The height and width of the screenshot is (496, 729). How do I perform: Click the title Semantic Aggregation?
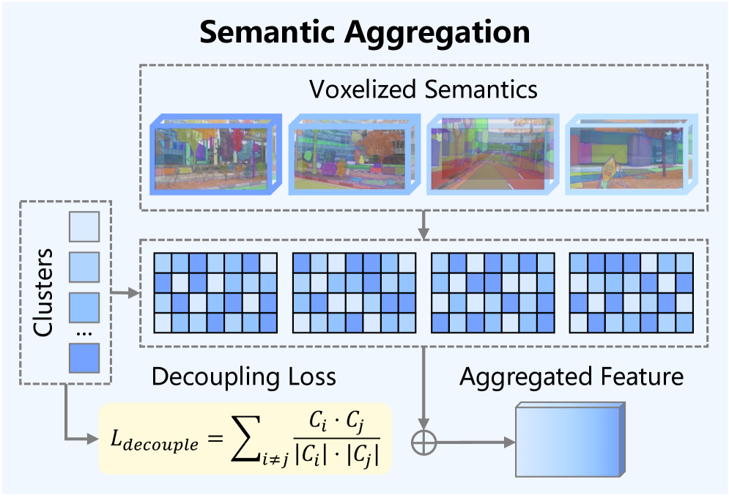[364, 33]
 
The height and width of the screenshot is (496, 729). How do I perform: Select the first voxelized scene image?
[213, 155]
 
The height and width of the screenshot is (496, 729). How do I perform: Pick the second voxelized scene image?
[352, 155]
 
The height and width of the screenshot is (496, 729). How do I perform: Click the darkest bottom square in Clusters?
[83, 358]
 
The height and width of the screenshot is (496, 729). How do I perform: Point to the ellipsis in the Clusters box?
[83, 333]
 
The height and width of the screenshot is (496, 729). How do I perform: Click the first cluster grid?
[215, 292]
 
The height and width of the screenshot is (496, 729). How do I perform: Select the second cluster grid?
[354, 292]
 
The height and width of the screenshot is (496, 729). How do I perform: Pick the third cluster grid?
[493, 292]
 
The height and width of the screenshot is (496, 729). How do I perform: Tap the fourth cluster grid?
[631, 292]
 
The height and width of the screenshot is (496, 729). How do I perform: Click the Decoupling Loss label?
[243, 377]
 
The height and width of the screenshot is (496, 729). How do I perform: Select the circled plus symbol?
[424, 442]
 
